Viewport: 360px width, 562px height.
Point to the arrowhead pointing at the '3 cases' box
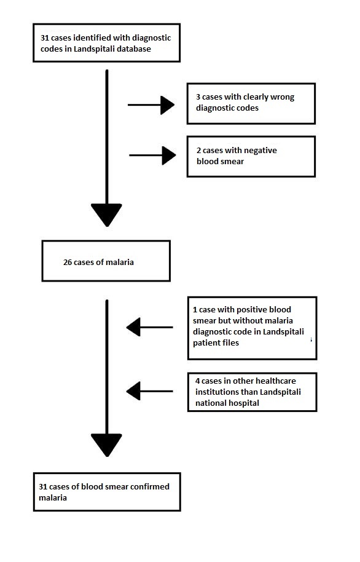pyautogui.click(x=168, y=105)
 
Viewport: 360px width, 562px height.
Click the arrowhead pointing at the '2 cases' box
pyautogui.click(x=169, y=156)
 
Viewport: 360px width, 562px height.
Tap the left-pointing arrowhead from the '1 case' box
pyautogui.click(x=133, y=327)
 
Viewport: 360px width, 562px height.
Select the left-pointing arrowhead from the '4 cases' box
pyautogui.click(x=133, y=390)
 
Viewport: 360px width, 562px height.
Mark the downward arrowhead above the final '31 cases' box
pyautogui.click(x=106, y=445)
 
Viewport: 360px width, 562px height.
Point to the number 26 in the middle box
pyautogui.click(x=68, y=263)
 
